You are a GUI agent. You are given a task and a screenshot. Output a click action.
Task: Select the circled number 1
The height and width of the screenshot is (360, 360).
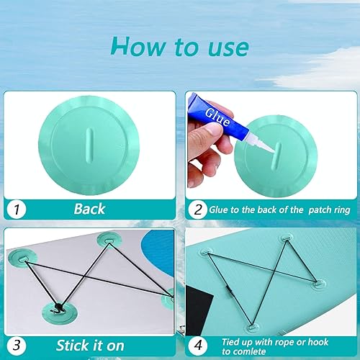[x=16, y=210]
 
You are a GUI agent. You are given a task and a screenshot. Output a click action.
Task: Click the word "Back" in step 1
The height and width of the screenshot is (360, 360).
[x=89, y=210]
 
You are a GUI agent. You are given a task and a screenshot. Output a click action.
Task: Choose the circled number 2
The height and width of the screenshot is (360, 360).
[x=197, y=210]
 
